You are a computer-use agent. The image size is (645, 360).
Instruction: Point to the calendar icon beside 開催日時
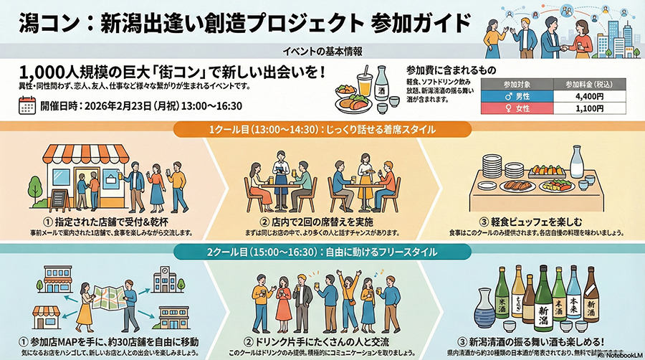pyautogui.click(x=27, y=106)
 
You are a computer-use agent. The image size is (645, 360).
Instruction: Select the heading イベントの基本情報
pyautogui.click(x=322, y=52)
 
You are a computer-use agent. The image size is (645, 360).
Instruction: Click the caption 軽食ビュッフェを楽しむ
pyautogui.click(x=538, y=219)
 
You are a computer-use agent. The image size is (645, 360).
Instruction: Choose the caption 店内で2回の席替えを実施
pyautogui.click(x=322, y=219)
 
